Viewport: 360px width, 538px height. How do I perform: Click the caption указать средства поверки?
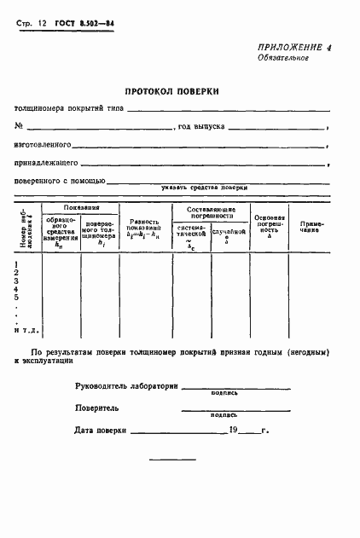[x=204, y=187]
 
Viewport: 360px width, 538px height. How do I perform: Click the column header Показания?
[x=80, y=207]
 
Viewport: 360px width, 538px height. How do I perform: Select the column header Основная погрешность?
[x=269, y=225]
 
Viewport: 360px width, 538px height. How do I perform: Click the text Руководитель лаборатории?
[x=125, y=386]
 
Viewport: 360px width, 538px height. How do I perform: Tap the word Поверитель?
[x=97, y=408]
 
